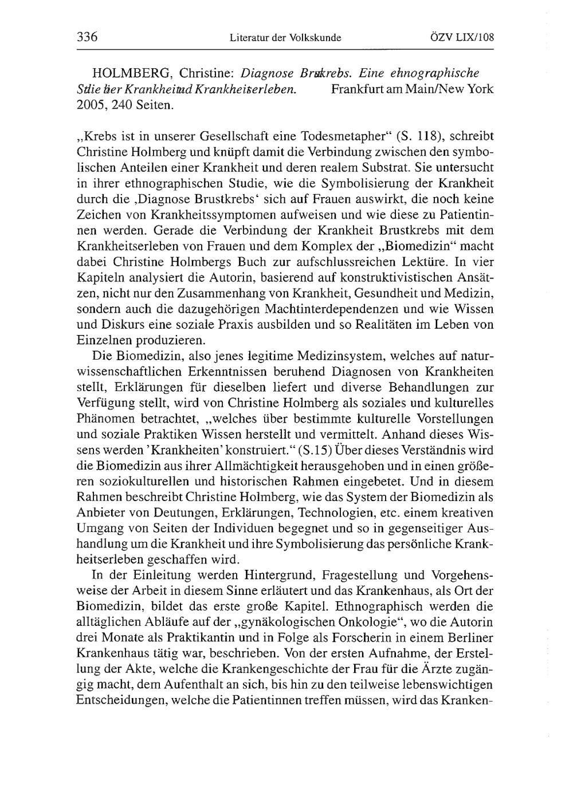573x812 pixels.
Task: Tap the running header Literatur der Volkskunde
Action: pos(285,38)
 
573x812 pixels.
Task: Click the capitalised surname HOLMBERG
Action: pos(129,74)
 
